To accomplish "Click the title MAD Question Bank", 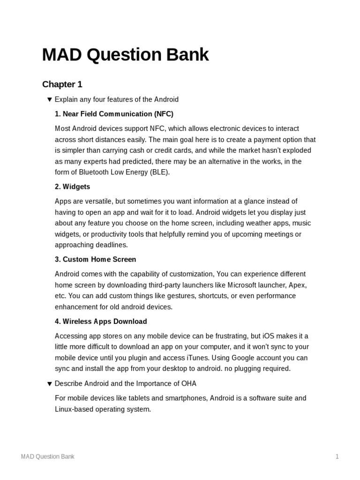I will pos(125,55).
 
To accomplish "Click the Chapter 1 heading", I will pos(62,84).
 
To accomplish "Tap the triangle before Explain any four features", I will pos(49,99).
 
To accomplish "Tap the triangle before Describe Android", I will pos(49,383).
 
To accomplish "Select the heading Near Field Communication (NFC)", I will pos(114,114).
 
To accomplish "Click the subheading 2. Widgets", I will pos(72,187).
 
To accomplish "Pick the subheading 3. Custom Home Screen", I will pos(95,259).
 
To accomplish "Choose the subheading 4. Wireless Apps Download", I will pos(101,322).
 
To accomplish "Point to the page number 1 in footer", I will pos(337,457).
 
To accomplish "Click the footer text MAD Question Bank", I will pos(47,457).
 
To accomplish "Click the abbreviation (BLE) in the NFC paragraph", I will pos(159,172).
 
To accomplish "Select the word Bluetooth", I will pos(88,172).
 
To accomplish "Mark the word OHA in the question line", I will pos(189,383).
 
